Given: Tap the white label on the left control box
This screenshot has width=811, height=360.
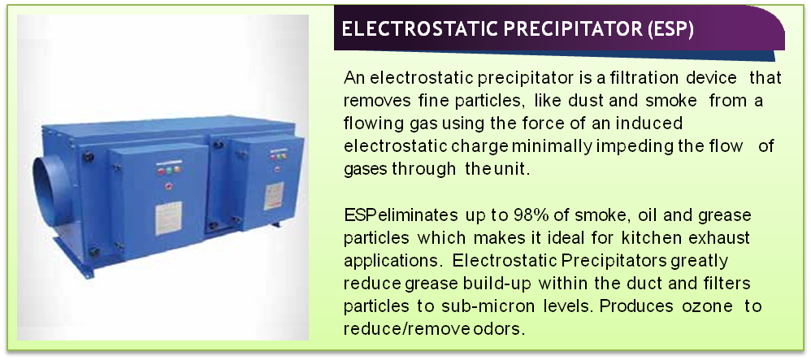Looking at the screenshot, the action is [x=168, y=218].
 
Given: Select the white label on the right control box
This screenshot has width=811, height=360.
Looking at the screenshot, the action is [x=274, y=196].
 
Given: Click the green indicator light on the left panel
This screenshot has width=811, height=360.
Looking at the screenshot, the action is [x=169, y=170].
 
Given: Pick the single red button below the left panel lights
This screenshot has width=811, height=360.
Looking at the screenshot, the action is [x=168, y=187].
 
